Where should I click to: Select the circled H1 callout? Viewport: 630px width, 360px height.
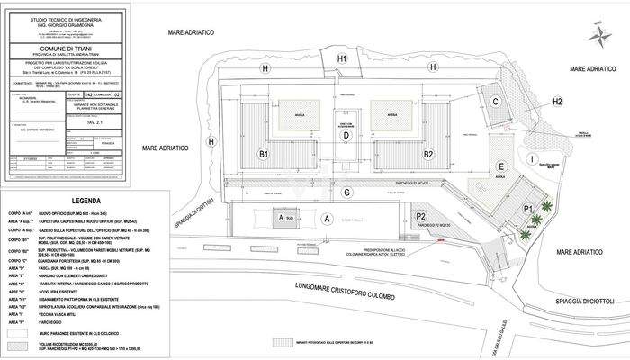(342, 59)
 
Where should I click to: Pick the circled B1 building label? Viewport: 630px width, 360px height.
(265, 155)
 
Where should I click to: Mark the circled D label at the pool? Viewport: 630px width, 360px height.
(346, 136)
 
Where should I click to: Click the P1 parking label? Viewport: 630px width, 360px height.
(528, 208)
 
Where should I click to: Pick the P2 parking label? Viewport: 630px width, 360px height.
(420, 217)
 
